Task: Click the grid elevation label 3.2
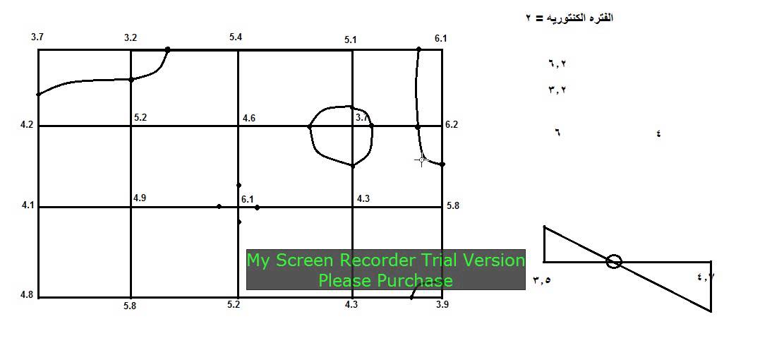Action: (x=131, y=37)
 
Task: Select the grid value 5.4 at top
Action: (x=236, y=37)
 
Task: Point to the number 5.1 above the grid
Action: (x=351, y=40)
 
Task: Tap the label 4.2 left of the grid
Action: (x=27, y=125)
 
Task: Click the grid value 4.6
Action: (x=249, y=118)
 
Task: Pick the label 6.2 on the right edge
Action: (x=452, y=125)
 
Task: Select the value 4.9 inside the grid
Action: (x=140, y=198)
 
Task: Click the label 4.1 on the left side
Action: (x=28, y=205)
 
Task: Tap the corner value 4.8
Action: (x=27, y=295)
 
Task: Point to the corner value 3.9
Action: (x=442, y=304)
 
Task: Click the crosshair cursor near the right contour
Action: (x=421, y=160)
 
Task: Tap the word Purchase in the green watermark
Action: (x=415, y=281)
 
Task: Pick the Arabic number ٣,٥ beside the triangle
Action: (x=541, y=280)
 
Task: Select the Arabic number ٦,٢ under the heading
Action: (x=557, y=63)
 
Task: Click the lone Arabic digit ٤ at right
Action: (x=659, y=133)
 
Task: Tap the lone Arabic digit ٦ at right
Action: (x=557, y=133)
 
